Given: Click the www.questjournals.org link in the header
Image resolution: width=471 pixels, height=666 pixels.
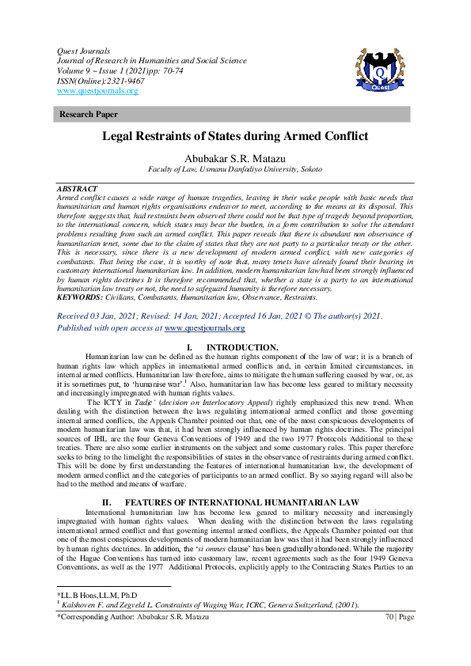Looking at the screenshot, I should [98, 91].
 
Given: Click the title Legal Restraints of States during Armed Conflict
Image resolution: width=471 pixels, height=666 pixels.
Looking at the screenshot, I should [235, 136].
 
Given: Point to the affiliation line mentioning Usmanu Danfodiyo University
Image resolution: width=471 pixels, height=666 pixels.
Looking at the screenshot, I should [235, 169].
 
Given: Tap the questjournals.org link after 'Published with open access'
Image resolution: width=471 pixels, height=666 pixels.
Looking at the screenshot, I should [204, 327].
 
